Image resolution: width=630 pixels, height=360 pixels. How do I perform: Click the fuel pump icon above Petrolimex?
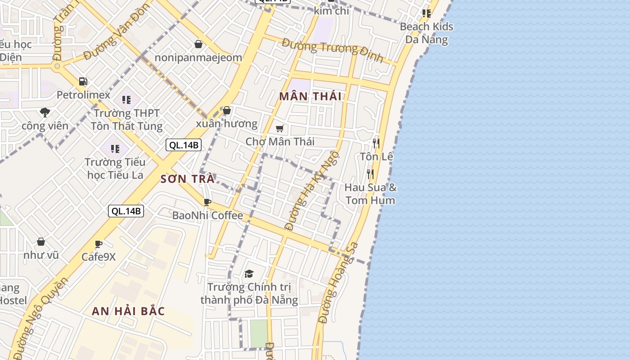tap(83, 81)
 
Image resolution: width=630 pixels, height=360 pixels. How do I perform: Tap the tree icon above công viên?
tap(45, 112)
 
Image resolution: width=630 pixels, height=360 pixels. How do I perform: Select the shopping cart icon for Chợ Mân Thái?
tap(279, 128)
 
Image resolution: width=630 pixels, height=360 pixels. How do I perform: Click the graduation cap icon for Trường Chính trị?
tap(249, 274)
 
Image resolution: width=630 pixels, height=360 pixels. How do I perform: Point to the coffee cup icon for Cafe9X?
tap(99, 244)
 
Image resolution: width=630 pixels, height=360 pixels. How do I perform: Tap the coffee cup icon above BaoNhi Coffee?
tap(207, 202)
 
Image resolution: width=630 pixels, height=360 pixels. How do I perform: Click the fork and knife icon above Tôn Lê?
tap(376, 144)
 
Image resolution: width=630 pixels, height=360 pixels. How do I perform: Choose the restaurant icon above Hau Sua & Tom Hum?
tap(370, 174)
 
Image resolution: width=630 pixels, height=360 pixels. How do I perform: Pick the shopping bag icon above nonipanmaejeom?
tap(198, 44)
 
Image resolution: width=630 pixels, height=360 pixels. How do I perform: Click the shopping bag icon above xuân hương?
tap(227, 110)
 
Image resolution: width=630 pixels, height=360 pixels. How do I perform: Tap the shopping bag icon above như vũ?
tap(41, 242)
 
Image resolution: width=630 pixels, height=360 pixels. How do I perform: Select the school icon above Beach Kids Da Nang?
tap(426, 13)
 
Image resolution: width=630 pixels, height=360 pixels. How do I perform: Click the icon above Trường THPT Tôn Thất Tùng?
tap(126, 99)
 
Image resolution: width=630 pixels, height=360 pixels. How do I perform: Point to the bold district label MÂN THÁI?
tap(310, 96)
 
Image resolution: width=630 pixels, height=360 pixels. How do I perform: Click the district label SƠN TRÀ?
tap(187, 179)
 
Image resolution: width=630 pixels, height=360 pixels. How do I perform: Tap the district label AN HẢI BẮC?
tap(128, 311)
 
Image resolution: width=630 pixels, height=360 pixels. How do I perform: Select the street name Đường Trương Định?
tap(333, 50)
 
